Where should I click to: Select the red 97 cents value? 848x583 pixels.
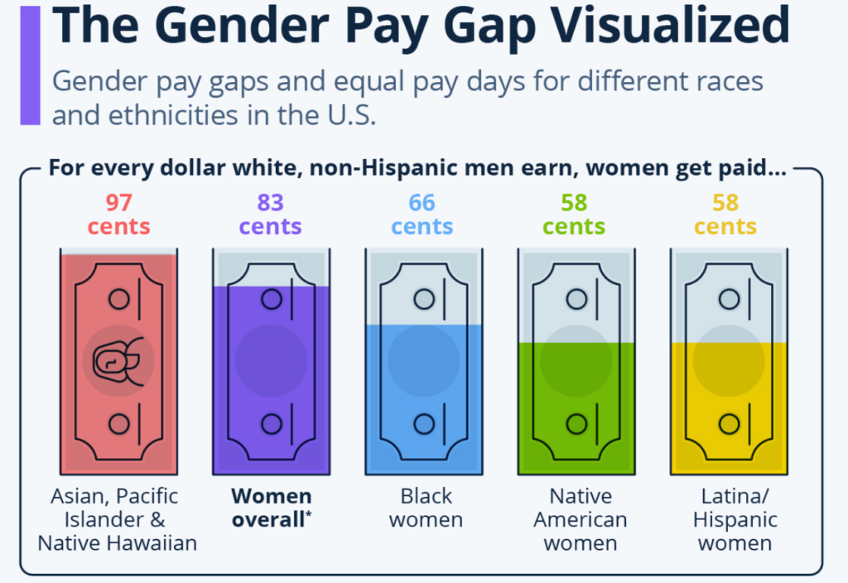pyautogui.click(x=118, y=214)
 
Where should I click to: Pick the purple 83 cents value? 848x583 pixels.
pyautogui.click(x=271, y=214)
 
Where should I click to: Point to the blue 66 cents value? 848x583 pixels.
pyautogui.click(x=423, y=214)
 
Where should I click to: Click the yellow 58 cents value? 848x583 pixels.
pyautogui.click(x=726, y=214)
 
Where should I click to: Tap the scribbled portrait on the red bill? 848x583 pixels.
pyautogui.click(x=118, y=360)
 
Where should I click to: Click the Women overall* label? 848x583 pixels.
pyautogui.click(x=272, y=508)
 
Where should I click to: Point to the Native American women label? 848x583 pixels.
pyautogui.click(x=580, y=519)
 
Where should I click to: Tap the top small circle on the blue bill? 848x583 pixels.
pyautogui.click(x=424, y=299)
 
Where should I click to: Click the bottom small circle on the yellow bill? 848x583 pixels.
pyautogui.click(x=729, y=424)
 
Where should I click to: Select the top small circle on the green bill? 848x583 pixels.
pyautogui.click(x=576, y=299)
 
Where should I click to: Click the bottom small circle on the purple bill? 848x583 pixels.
pyautogui.click(x=272, y=424)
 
